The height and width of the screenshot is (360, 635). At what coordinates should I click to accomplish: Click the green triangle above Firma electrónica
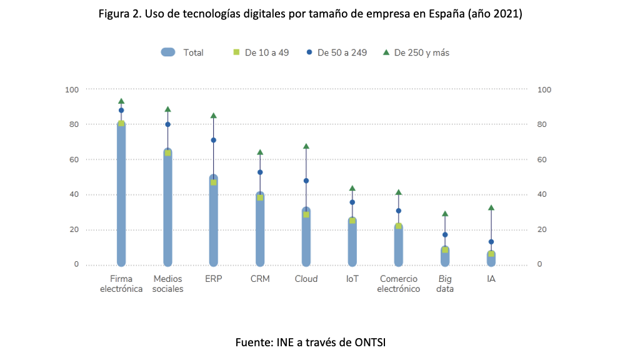(x=121, y=101)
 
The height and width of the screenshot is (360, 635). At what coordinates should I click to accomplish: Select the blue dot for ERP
(x=214, y=140)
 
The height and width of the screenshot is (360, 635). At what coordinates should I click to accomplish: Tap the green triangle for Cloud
(x=306, y=146)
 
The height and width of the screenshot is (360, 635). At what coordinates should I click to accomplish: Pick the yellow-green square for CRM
(x=260, y=197)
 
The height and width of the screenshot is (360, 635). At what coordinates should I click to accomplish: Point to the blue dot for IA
(x=491, y=242)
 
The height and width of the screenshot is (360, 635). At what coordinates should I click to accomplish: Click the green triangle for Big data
(x=445, y=214)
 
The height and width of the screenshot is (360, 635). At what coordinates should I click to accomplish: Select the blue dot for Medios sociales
(x=167, y=124)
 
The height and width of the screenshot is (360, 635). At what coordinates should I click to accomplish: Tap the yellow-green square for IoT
(x=352, y=221)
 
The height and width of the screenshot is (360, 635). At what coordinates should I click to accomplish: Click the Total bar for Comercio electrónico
(x=399, y=247)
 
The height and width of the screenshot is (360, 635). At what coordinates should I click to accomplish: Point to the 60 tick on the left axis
(x=72, y=159)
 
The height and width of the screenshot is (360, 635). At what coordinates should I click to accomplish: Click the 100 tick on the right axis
(x=545, y=89)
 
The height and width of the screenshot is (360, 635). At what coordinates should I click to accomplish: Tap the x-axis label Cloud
(x=306, y=279)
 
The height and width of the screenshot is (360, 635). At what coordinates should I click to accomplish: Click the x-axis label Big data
(x=445, y=284)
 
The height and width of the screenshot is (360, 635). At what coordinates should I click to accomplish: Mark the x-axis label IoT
(x=352, y=279)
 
